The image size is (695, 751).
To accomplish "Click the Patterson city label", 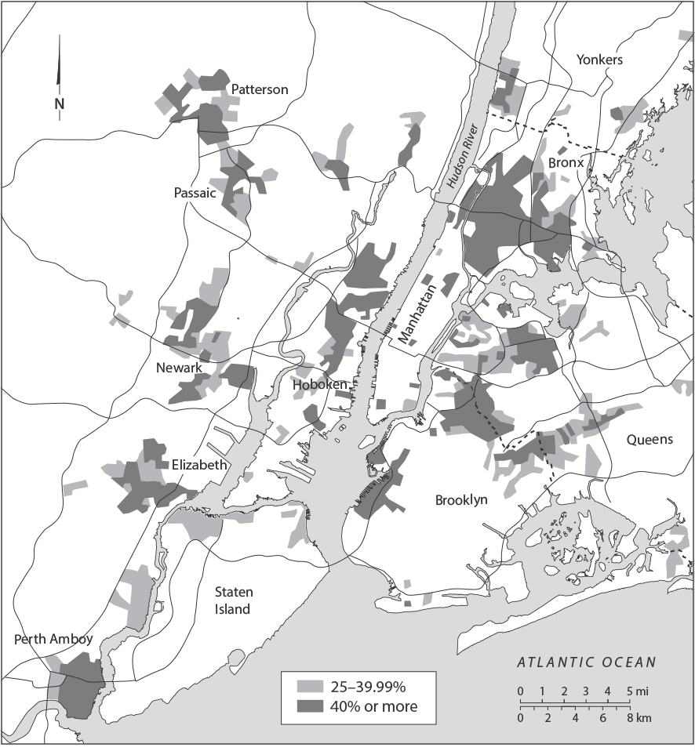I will point(260,89).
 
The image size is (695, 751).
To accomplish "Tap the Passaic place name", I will point(195,193).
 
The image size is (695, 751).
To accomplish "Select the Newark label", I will point(180,368).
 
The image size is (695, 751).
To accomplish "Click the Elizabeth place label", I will point(199,465).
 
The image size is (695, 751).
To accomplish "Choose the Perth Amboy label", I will point(53,639).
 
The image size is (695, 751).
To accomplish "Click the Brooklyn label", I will point(461,499).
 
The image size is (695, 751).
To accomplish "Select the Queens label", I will point(649,440).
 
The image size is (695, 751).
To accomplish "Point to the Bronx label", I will point(566,163).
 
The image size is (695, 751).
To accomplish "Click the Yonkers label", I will point(599,60).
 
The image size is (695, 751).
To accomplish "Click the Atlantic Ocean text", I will point(586,662).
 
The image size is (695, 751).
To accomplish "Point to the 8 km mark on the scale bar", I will point(629,718).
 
